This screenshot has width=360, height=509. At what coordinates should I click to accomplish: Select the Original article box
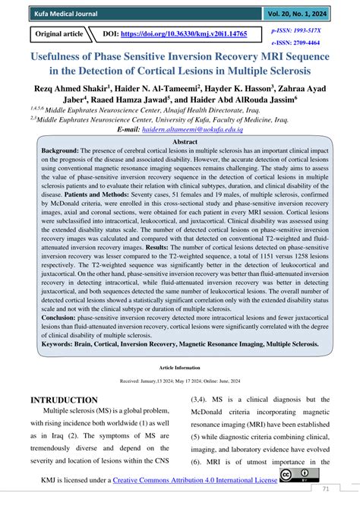tap(56, 35)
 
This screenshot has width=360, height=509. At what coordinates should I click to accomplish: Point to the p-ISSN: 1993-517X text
tap(297, 28)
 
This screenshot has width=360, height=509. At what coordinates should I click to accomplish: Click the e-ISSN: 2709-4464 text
tap(297, 43)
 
